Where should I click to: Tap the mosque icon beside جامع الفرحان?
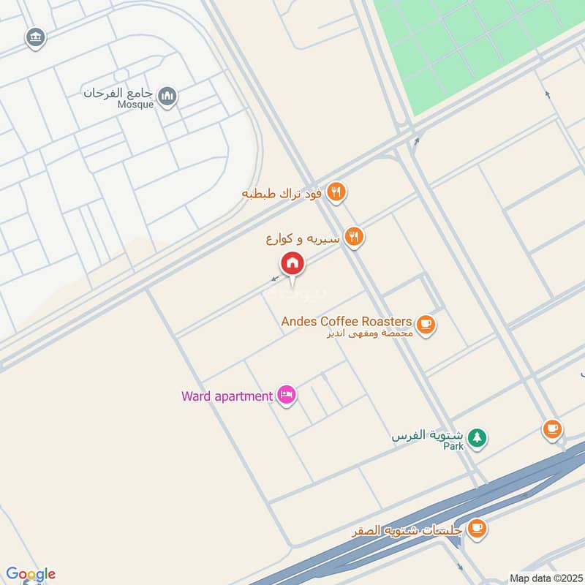pyautogui.click(x=168, y=96)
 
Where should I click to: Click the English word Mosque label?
pyautogui.click(x=135, y=105)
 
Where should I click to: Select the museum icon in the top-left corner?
pyautogui.click(x=34, y=37)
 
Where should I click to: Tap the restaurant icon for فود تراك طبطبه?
pyautogui.click(x=336, y=193)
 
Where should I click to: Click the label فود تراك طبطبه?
pyautogui.click(x=283, y=194)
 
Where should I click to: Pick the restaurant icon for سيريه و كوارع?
pyautogui.click(x=355, y=236)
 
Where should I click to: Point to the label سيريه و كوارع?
pyautogui.click(x=303, y=238)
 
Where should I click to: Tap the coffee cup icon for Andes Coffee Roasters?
pyautogui.click(x=426, y=323)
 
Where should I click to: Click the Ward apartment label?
pyautogui.click(x=227, y=396)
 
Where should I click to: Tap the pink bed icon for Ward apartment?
pyautogui.click(x=286, y=396)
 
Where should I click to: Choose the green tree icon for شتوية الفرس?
pyautogui.click(x=478, y=437)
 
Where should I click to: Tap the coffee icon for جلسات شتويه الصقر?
pyautogui.click(x=477, y=526)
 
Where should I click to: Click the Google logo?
pyautogui.click(x=31, y=574)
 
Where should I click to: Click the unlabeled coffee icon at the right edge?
pyautogui.click(x=552, y=429)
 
